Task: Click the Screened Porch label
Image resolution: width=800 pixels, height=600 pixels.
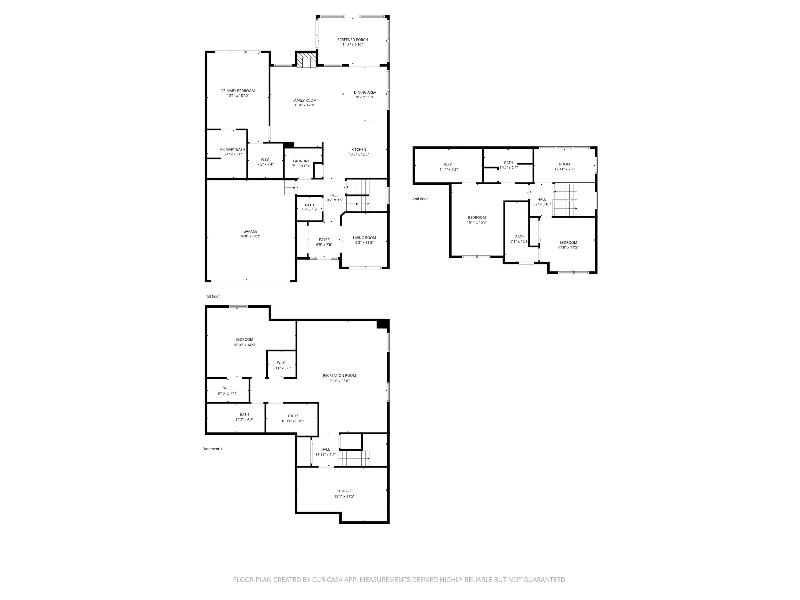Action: (x=352, y=40)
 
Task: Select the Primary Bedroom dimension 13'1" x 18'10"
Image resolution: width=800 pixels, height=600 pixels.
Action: (x=238, y=95)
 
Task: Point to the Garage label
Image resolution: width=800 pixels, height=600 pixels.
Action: (x=250, y=231)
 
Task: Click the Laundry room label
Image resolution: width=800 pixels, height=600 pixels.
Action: (x=301, y=161)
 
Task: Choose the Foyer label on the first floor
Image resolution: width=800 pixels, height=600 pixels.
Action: (x=324, y=240)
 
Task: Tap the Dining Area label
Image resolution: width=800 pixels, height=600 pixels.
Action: (x=365, y=92)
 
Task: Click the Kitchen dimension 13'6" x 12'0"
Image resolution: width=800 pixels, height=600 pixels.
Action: (x=358, y=154)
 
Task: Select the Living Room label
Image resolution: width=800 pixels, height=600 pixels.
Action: (x=364, y=238)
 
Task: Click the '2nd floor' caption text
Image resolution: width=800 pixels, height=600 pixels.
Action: (x=420, y=199)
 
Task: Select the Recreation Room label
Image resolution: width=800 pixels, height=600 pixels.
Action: (x=339, y=375)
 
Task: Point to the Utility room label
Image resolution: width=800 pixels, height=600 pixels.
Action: (x=292, y=416)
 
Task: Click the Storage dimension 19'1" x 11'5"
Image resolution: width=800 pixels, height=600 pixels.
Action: (x=344, y=496)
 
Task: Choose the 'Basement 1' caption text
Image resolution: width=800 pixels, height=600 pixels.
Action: (x=212, y=449)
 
